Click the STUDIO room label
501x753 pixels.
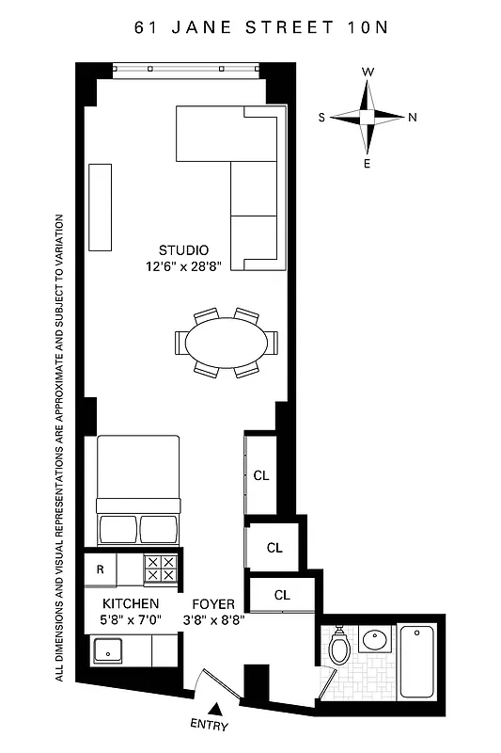click(x=183, y=250)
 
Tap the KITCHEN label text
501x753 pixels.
click(x=131, y=603)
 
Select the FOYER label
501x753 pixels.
click(x=212, y=603)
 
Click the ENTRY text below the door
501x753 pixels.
click(x=209, y=726)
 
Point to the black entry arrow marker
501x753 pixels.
click(x=215, y=709)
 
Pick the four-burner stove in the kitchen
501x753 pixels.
click(x=160, y=569)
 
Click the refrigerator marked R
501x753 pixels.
click(x=100, y=569)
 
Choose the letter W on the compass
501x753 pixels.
click(x=368, y=72)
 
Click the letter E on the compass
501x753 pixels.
click(x=368, y=164)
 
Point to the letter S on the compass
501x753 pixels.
click(x=321, y=118)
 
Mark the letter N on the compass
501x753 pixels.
click(x=413, y=118)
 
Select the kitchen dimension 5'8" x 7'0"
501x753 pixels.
click(x=131, y=619)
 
